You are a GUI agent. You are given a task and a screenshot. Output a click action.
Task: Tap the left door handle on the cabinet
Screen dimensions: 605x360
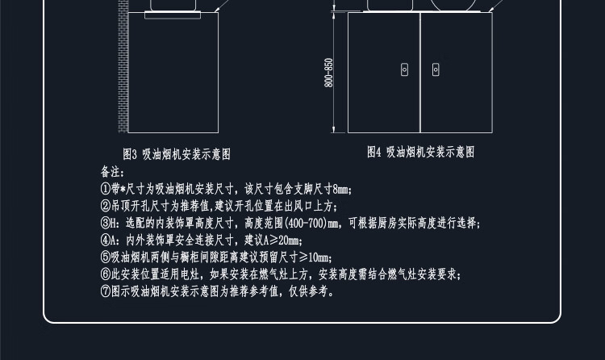tap(405, 70)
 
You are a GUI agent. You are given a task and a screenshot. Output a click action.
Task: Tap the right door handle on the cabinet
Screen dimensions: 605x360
tap(436, 70)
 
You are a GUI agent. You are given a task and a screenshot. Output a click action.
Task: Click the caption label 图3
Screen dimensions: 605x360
tap(131, 153)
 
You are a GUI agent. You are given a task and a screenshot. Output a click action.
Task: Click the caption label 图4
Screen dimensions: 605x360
tap(375, 152)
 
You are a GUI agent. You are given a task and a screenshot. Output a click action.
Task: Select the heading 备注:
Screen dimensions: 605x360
tap(112, 173)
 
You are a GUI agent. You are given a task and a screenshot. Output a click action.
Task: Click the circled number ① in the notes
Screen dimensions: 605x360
tap(105, 190)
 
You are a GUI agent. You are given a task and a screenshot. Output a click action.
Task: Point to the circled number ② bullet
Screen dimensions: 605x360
tap(105, 207)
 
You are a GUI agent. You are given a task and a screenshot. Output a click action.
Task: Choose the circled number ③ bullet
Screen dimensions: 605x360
tap(105, 224)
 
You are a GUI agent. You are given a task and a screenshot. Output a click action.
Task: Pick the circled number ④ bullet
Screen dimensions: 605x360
tap(105, 241)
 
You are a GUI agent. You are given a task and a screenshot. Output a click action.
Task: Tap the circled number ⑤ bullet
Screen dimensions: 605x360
tap(105, 257)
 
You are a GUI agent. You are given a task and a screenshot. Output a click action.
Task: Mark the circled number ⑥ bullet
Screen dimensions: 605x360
tap(105, 274)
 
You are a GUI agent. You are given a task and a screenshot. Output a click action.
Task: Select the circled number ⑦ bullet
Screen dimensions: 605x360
tap(105, 291)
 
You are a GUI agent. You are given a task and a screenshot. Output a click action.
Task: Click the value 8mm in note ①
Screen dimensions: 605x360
tap(341, 190)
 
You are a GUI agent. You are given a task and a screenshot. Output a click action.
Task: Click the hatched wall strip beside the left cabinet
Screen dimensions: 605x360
tap(123, 65)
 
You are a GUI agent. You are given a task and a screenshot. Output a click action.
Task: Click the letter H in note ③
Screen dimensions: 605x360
tap(115, 224)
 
